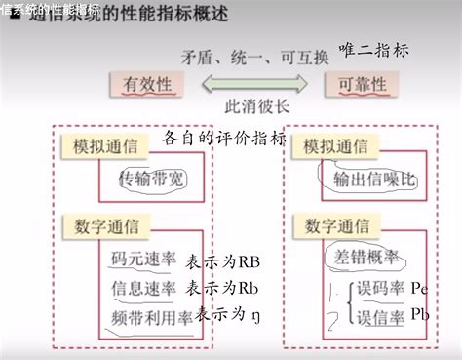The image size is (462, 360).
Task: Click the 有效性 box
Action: pos(147,85)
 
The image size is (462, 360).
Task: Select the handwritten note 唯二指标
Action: pos(373,50)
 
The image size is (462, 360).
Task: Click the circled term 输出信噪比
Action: pos(364,178)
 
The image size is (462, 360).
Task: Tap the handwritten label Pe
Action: pos(421,289)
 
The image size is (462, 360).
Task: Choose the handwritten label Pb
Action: pos(421,314)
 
